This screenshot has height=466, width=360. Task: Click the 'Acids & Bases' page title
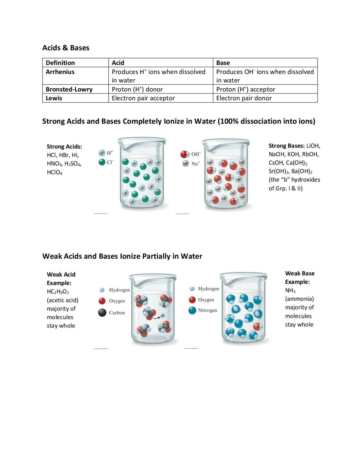[66, 48]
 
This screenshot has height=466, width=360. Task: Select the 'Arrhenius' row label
[60, 72]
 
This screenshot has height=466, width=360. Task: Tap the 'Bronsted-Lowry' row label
[69, 89]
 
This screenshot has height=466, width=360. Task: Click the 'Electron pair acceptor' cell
[143, 98]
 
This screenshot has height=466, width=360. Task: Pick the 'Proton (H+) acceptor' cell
[246, 89]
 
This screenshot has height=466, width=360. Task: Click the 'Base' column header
[223, 63]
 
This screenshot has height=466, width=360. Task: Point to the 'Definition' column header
[60, 63]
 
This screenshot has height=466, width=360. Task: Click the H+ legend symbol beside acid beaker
[102, 153]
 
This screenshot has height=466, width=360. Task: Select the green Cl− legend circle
[102, 162]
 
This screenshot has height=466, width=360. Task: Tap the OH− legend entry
[185, 154]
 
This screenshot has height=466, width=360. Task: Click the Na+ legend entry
[186, 163]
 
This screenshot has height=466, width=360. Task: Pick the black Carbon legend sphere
[102, 312]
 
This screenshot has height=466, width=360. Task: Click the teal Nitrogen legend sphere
[192, 310]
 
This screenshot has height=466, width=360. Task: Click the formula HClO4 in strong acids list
[55, 172]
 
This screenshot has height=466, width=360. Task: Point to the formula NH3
[290, 290]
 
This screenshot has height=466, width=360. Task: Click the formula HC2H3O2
[58, 292]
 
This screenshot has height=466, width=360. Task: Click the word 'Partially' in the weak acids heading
[156, 256]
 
